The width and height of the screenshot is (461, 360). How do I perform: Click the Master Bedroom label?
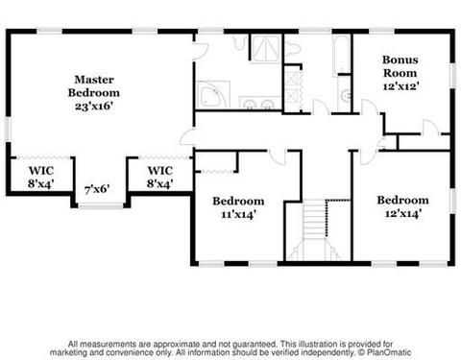pos(94,86)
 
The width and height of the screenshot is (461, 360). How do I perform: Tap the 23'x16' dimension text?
pos(94,106)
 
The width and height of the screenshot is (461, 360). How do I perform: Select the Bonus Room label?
pos(400,66)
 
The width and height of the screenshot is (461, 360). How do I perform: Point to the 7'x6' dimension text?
pos(97,189)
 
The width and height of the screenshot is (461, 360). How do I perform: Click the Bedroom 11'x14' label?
pos(238,207)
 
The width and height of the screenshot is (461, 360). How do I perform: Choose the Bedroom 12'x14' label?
pos(402,206)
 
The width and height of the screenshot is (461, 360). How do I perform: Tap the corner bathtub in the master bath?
pos(213,94)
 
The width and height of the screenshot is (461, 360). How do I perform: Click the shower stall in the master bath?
pos(265,49)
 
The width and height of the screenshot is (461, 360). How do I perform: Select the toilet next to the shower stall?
pos(292,49)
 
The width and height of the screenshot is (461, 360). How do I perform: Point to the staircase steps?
pos(315,222)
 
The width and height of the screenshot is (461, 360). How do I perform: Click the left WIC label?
pos(40,177)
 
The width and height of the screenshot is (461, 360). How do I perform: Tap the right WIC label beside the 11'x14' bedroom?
pos(160,177)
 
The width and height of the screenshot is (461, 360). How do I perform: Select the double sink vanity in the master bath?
pos(259,103)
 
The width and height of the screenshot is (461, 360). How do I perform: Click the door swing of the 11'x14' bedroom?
pos(278,156)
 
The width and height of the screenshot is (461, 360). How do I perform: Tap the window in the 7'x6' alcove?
pos(101,206)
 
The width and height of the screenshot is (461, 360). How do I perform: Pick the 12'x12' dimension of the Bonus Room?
pos(401,86)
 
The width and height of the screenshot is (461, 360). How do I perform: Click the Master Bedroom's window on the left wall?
pos(8,130)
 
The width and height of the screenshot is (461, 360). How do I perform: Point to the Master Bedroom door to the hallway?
pos(187,137)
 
